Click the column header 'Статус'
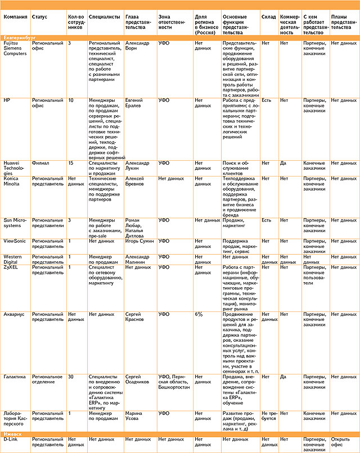pos(39,17)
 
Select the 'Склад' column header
pos(268,17)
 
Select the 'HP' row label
pos(7,100)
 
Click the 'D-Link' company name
pos(12,439)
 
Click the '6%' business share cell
pos(199,314)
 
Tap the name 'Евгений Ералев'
pos(137,103)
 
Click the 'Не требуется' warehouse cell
pos(269,416)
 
